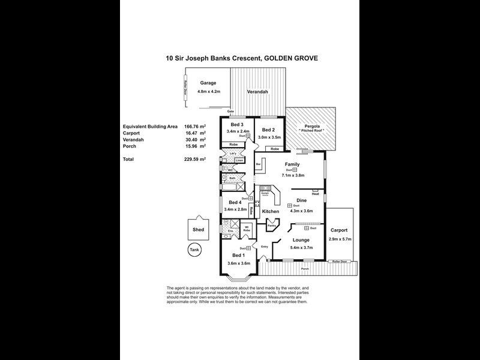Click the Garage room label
pos(208,83)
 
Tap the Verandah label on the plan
pos(258,92)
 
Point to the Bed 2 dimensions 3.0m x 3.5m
pos(269,137)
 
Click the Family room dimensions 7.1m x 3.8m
pos(293,176)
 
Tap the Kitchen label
pos(270,212)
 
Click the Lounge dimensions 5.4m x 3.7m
pos(302,247)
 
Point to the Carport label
pos(339,230)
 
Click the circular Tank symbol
pos(193,250)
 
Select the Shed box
pos(197,229)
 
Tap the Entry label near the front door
pos(265,247)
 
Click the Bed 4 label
pos(232,202)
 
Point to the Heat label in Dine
pos(315,194)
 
